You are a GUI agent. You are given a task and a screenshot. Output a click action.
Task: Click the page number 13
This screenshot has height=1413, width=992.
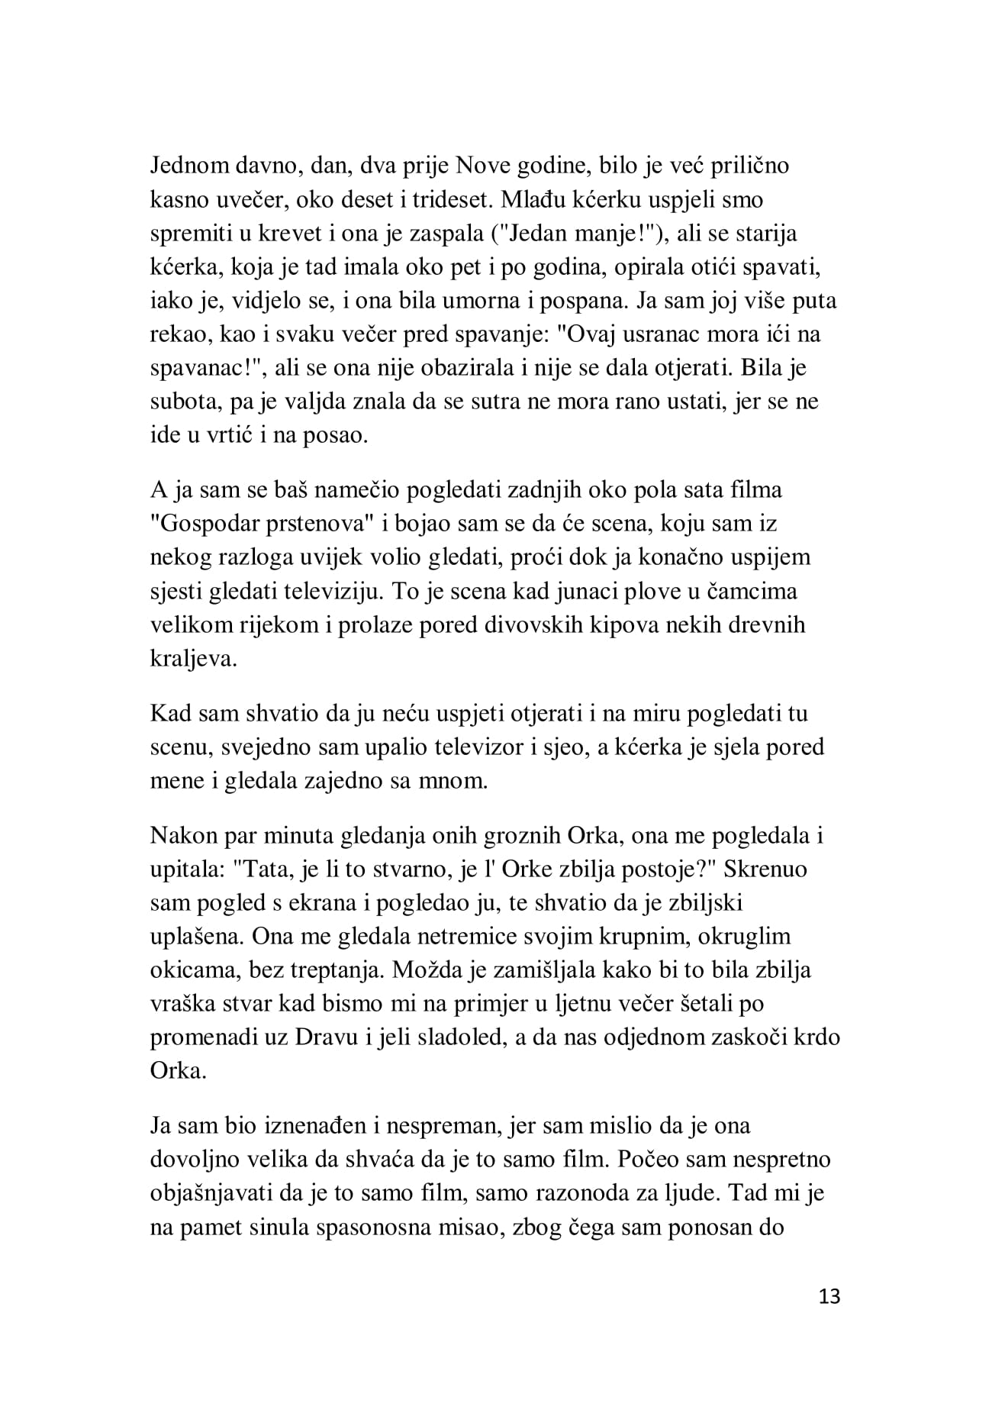[829, 1295]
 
